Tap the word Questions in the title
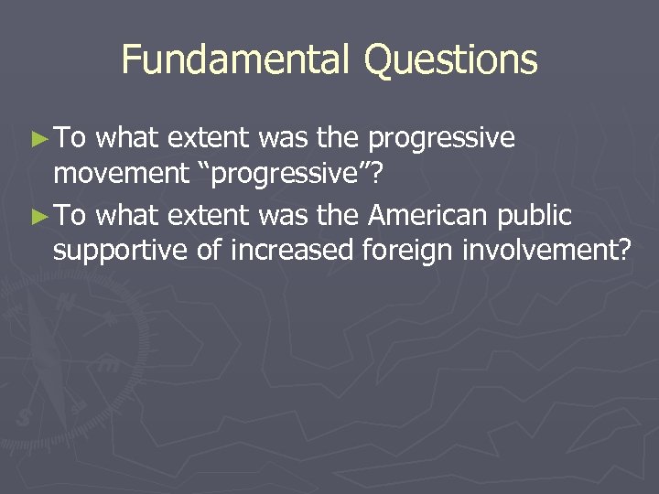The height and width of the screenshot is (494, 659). tap(450, 60)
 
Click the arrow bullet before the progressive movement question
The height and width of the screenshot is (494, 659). tap(37, 139)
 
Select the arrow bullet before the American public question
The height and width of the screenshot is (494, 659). tap(37, 217)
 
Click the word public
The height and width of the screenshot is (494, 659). tap(536, 216)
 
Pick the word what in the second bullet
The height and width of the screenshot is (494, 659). tap(127, 216)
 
